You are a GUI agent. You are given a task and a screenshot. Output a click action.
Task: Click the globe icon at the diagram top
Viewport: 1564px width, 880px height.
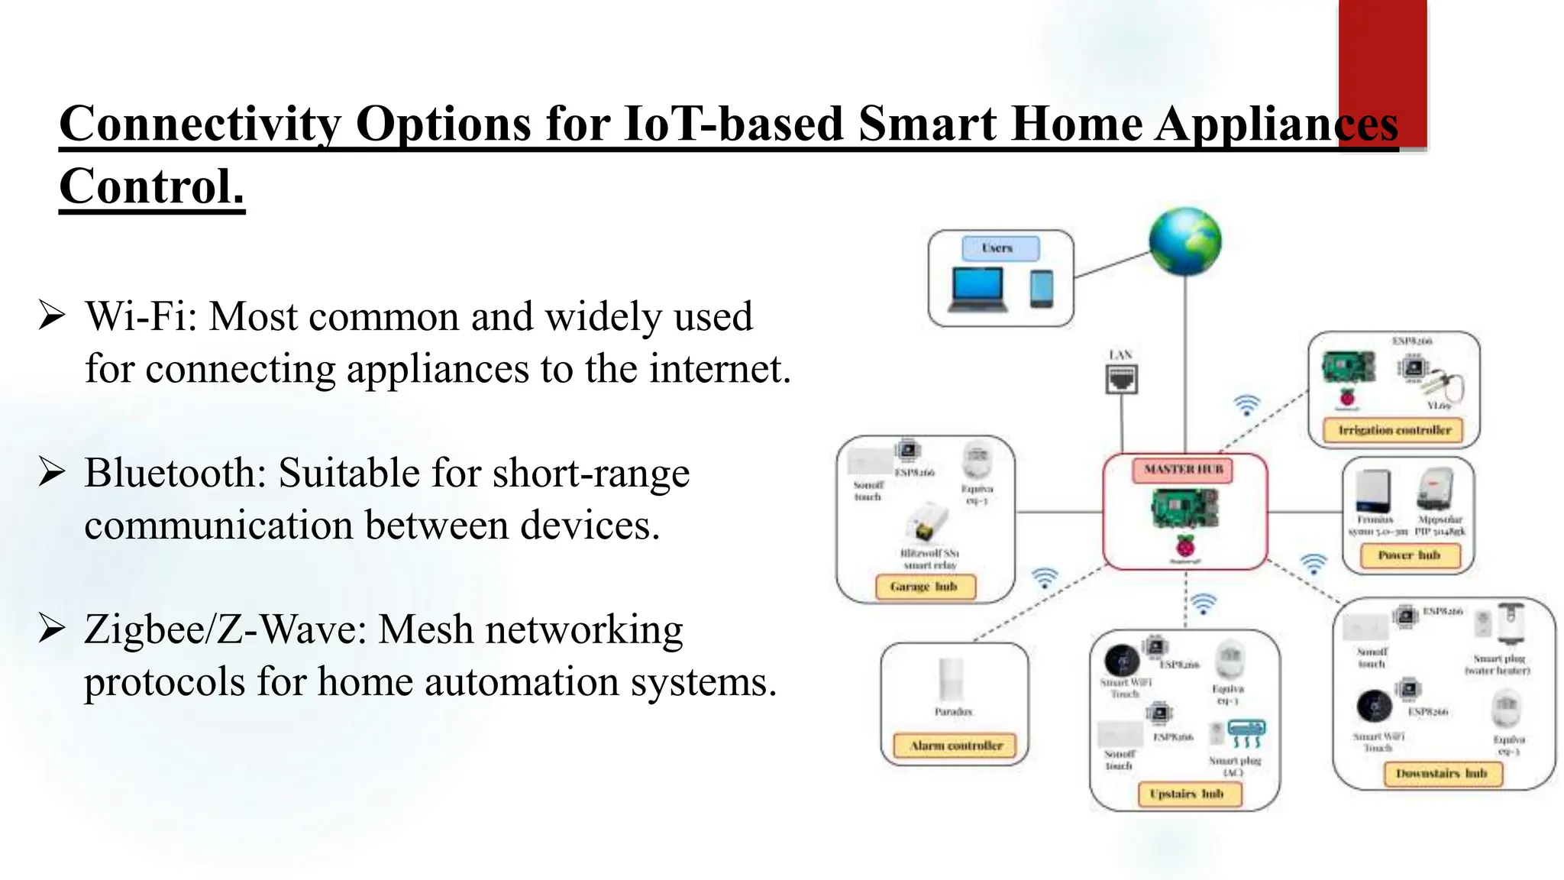pyautogui.click(x=1184, y=241)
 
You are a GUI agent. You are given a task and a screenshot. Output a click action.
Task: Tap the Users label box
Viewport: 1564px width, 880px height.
pyautogui.click(x=999, y=248)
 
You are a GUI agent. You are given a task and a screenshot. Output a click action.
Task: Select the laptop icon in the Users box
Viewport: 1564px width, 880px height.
pyautogui.click(x=977, y=290)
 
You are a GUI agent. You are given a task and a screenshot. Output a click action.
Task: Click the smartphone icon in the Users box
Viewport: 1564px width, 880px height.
pyautogui.click(x=1041, y=290)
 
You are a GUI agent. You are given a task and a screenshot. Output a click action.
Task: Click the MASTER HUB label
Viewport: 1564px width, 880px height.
pyautogui.click(x=1183, y=470)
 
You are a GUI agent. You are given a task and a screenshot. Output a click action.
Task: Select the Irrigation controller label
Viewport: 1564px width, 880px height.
pyautogui.click(x=1394, y=430)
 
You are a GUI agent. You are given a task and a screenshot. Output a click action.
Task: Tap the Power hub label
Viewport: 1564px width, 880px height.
pyautogui.click(x=1409, y=555)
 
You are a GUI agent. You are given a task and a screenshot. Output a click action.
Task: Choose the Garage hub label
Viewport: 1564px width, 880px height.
pyautogui.click(x=924, y=587)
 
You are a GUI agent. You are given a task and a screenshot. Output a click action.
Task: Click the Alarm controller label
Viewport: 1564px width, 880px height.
pyautogui.click(x=955, y=746)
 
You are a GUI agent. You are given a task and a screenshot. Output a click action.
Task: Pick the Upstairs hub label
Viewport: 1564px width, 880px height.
pyautogui.click(x=1187, y=794)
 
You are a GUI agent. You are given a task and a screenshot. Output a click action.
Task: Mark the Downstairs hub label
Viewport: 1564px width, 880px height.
pyautogui.click(x=1442, y=774)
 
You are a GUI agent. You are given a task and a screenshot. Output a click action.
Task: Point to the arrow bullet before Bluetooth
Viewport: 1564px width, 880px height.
pyautogui.click(x=51, y=473)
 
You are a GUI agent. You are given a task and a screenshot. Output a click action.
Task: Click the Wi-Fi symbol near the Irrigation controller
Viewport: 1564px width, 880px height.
pyautogui.click(x=1246, y=405)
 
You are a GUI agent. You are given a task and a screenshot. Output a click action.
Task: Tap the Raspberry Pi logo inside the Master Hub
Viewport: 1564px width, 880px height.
pyautogui.click(x=1185, y=547)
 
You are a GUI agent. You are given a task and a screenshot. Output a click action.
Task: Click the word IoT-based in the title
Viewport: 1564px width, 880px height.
pyautogui.click(x=732, y=124)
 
